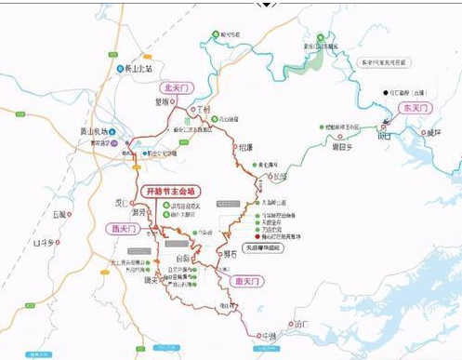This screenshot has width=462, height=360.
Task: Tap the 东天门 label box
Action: tap(415, 108)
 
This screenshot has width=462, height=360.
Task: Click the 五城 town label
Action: tap(62, 214)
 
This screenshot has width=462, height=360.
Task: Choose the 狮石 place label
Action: tap(231, 251)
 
